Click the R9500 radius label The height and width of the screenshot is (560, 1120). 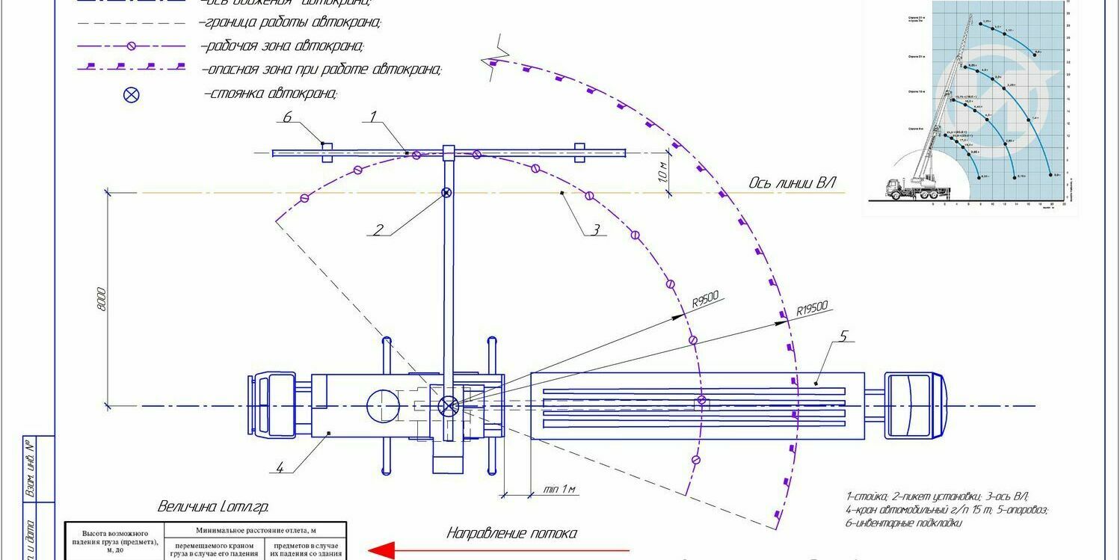(x=705, y=300)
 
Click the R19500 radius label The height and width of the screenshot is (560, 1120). (x=812, y=309)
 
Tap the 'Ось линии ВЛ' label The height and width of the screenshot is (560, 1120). (x=792, y=183)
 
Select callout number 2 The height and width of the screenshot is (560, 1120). (x=378, y=230)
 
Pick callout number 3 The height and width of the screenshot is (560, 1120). (x=595, y=230)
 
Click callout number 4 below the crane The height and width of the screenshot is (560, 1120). (x=280, y=468)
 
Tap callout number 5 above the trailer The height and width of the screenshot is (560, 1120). (x=843, y=336)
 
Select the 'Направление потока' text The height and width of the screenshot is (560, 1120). (x=511, y=533)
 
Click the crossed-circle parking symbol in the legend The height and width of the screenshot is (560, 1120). (x=132, y=94)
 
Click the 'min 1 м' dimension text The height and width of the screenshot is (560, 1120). (x=560, y=490)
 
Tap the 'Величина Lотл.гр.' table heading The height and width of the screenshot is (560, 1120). (x=212, y=506)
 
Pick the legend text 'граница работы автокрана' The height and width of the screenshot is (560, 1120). (x=291, y=23)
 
